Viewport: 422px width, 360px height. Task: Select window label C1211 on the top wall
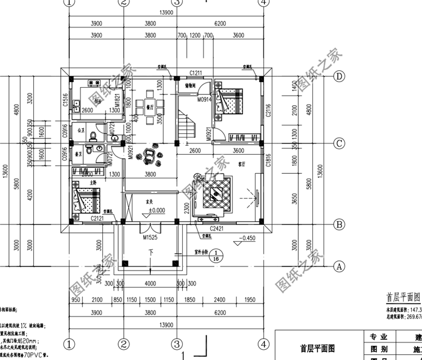[x=196, y=73]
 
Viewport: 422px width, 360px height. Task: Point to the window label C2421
[x=217, y=229]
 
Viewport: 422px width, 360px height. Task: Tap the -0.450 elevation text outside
[x=247, y=238]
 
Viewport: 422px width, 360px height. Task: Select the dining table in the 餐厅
[x=150, y=109]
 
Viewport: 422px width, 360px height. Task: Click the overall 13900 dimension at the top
[x=165, y=12]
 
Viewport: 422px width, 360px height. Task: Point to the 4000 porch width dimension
[x=150, y=283]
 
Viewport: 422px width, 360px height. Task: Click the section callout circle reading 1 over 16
[x=217, y=256]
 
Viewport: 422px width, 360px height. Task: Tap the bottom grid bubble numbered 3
[x=176, y=343]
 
